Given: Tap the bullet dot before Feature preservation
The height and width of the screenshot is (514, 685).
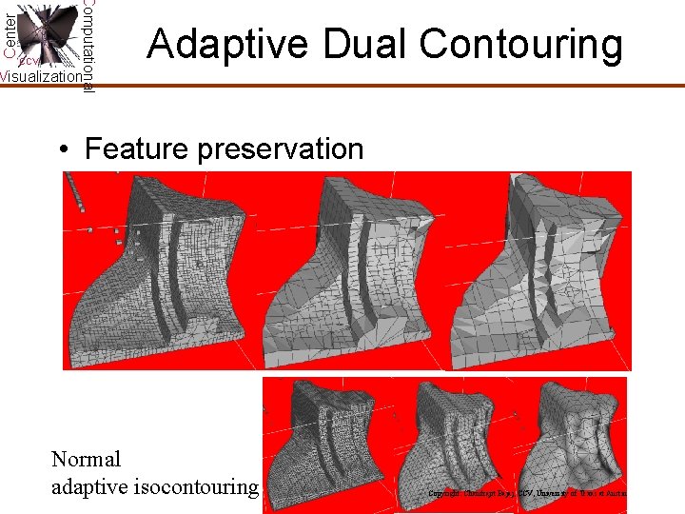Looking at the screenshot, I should (x=62, y=150).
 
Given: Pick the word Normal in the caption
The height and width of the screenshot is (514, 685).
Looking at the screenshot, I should (x=87, y=459).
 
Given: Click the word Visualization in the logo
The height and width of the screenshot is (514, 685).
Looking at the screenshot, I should (x=41, y=77).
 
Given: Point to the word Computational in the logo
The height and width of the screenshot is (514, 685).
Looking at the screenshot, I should (x=88, y=43).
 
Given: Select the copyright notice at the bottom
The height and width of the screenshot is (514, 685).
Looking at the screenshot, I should (x=527, y=494).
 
